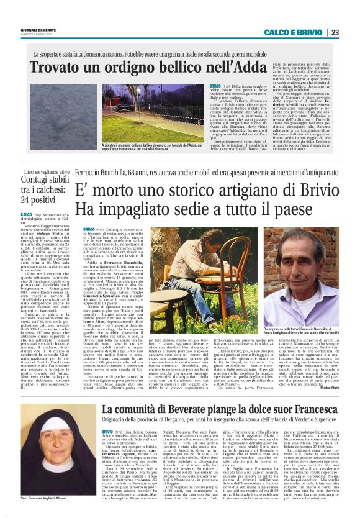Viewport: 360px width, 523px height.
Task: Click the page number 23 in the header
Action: (335, 32)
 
